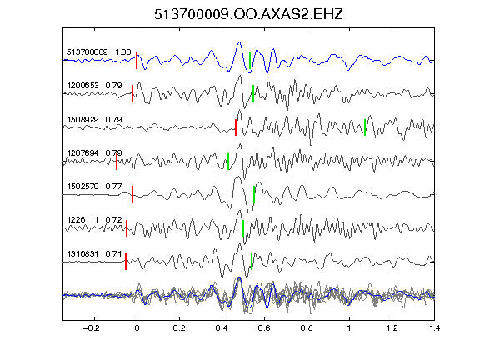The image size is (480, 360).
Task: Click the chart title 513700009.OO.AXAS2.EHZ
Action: [248, 14]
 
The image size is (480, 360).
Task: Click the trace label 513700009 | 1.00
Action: [99, 52]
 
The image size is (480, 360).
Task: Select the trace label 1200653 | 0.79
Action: [95, 85]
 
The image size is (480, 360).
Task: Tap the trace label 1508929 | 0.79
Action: [95, 119]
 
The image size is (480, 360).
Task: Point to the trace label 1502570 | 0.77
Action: [95, 186]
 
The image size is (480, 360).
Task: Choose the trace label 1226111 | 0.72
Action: [95, 220]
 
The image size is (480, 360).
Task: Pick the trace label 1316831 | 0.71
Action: [95, 254]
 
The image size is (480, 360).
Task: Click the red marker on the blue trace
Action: [137, 61]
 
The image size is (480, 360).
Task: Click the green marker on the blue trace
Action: [250, 61]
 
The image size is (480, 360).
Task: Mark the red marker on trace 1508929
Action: [236, 127]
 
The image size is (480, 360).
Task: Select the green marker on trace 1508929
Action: [365, 127]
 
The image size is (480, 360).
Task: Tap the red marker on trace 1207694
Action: [117, 161]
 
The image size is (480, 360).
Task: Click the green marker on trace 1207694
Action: [228, 161]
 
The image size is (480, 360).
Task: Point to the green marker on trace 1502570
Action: [254, 194]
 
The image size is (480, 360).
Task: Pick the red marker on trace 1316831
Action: [126, 262]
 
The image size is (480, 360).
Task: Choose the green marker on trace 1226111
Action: [243, 228]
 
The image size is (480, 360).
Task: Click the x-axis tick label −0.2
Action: [91, 328]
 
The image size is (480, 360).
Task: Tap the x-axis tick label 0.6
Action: [264, 328]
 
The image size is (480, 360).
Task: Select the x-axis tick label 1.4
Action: [434, 328]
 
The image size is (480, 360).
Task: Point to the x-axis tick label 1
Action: [349, 328]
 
